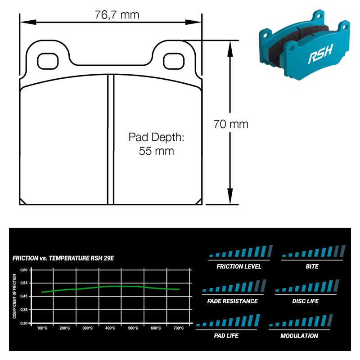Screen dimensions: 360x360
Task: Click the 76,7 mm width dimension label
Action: tap(117, 15)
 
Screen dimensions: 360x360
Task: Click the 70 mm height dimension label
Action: tap(231, 124)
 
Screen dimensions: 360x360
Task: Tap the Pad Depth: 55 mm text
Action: tap(156, 144)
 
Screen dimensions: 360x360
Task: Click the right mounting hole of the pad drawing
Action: tap(172, 60)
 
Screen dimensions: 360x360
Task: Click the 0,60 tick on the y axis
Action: tap(24, 270)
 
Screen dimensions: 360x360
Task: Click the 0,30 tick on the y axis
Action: tap(24, 323)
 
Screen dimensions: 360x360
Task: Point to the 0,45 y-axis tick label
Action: tap(24, 296)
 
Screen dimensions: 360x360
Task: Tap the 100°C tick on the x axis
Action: tap(42, 328)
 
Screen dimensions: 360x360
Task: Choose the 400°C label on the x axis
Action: tap(110, 328)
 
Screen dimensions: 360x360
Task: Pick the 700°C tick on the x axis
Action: tap(178, 328)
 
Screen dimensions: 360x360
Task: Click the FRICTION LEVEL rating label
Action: tap(239, 266)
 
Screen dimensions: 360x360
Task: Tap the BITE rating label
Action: tap(312, 266)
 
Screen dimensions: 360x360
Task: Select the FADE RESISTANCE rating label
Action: tap(233, 301)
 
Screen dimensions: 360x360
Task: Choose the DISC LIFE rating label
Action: tap(306, 301)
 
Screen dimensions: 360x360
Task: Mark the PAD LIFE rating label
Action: tap(226, 336)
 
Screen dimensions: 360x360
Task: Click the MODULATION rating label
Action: tap(299, 336)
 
